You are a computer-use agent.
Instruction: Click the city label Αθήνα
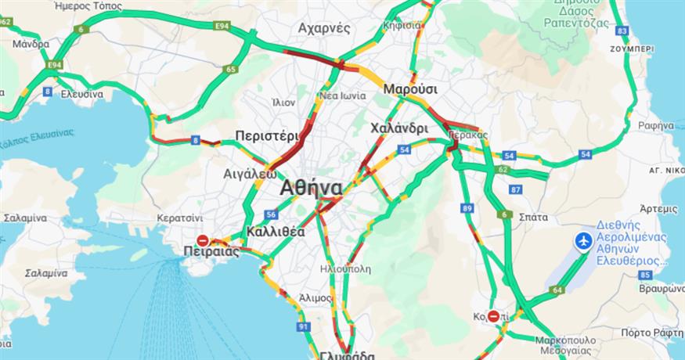pyautogui.click(x=311, y=189)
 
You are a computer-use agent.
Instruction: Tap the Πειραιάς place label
pyautogui.click(x=210, y=253)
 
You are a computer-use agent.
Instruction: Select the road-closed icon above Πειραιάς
pyautogui.click(x=202, y=240)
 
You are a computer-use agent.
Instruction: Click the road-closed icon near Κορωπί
pyautogui.click(x=493, y=316)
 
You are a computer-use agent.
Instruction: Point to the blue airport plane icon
pyautogui.click(x=583, y=240)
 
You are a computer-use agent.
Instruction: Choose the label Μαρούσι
pyautogui.click(x=410, y=88)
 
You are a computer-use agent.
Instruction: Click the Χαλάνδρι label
pyautogui.click(x=398, y=128)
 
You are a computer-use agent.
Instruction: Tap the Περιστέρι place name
pyautogui.click(x=263, y=135)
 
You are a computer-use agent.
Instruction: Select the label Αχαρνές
pyautogui.click(x=323, y=28)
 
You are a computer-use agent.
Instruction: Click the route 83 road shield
pyautogui.click(x=622, y=31)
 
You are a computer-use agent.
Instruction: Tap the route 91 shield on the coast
pyautogui.click(x=304, y=326)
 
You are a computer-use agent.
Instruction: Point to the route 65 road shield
pyautogui.click(x=231, y=70)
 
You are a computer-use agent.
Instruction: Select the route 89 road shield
pyautogui.click(x=467, y=208)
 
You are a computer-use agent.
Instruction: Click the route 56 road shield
pyautogui.click(x=271, y=214)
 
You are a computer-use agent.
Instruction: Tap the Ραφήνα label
pyautogui.click(x=655, y=125)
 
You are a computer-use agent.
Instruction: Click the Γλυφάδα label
pyautogui.click(x=348, y=354)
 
